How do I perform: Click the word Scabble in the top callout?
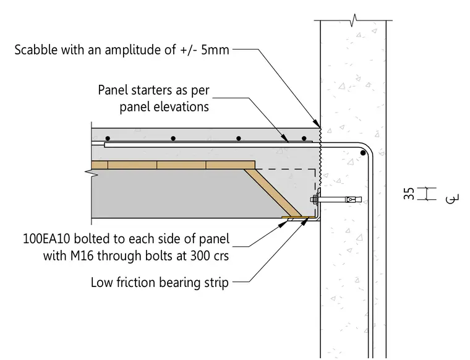tap(36, 49)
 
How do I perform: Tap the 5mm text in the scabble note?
tap(215, 49)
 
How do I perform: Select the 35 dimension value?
tap(409, 194)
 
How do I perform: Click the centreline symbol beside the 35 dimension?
tap(452, 199)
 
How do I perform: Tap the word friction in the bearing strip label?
tap(135, 283)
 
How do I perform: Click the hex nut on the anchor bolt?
tap(314, 199)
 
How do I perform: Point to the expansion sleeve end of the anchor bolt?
tap(354, 199)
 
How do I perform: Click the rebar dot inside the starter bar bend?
tap(363, 153)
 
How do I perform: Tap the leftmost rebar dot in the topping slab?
tap(108, 139)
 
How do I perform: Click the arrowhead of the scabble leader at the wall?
tap(317, 123)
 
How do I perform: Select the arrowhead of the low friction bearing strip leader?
tap(305, 221)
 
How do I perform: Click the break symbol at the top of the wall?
tap(354, 20)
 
